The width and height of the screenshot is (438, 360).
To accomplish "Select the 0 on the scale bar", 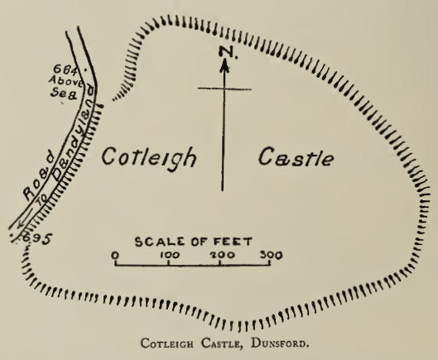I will [x=116, y=255].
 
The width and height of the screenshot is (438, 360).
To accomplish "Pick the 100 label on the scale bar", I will [x=170, y=255].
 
